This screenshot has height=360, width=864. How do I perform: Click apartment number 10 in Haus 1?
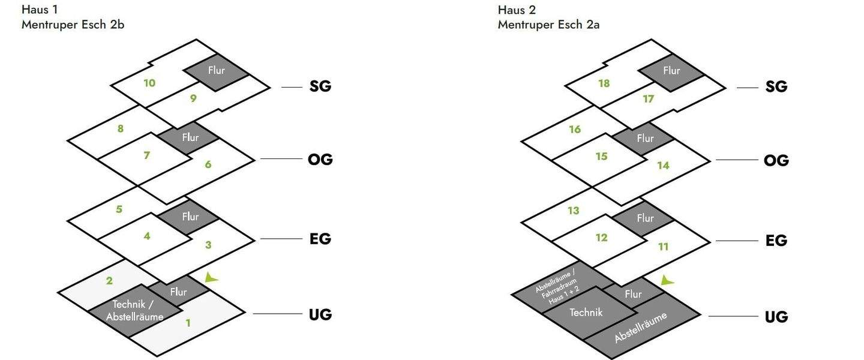pos(149,83)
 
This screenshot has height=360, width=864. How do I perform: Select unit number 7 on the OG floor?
pos(146,155)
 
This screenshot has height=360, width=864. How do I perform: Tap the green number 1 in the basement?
pos(188,323)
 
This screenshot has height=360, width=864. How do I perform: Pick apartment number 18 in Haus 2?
pos(604,83)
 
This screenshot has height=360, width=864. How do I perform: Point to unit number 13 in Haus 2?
pos(573,211)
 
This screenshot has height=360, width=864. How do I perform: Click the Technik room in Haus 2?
pos(586,312)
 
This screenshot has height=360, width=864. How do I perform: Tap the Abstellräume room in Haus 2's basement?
pos(640,328)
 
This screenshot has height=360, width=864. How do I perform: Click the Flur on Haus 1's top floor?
pos(216,70)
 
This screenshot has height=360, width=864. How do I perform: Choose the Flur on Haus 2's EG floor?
pos(645,218)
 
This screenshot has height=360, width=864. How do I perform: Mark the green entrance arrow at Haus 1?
pos(211,277)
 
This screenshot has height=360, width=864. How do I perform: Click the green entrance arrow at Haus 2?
pos(667,280)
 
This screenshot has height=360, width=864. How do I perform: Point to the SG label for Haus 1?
pos(320,86)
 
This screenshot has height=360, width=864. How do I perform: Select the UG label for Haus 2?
pos(776,317)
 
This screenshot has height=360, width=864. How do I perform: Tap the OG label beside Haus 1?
pos(320,160)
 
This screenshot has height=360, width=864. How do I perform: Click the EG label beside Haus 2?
pos(776,241)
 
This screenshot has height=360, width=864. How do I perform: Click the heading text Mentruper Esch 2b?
pos(73,25)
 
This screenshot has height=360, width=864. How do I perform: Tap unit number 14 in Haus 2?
pos(662,165)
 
